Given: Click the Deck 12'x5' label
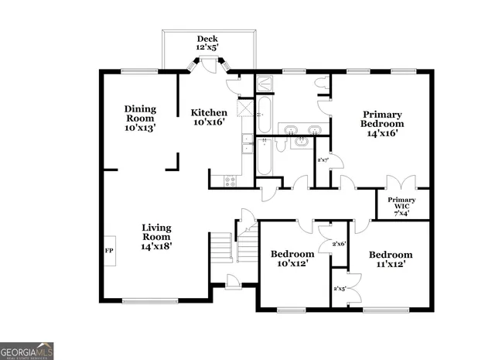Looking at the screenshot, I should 207,43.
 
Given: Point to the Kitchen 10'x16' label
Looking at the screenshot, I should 209,117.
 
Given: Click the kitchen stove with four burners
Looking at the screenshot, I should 230,181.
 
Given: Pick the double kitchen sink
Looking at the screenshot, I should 247,145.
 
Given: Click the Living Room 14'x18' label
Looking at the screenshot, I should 156,236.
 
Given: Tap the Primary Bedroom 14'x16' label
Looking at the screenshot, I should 383,124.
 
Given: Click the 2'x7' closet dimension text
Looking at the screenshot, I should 323,160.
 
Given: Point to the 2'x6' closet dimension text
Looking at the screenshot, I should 338,244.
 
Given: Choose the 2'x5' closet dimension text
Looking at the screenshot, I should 339,289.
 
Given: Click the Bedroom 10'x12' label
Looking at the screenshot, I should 292,259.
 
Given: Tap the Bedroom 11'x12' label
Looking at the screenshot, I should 390,259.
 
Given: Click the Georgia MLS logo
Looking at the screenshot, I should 27,350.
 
